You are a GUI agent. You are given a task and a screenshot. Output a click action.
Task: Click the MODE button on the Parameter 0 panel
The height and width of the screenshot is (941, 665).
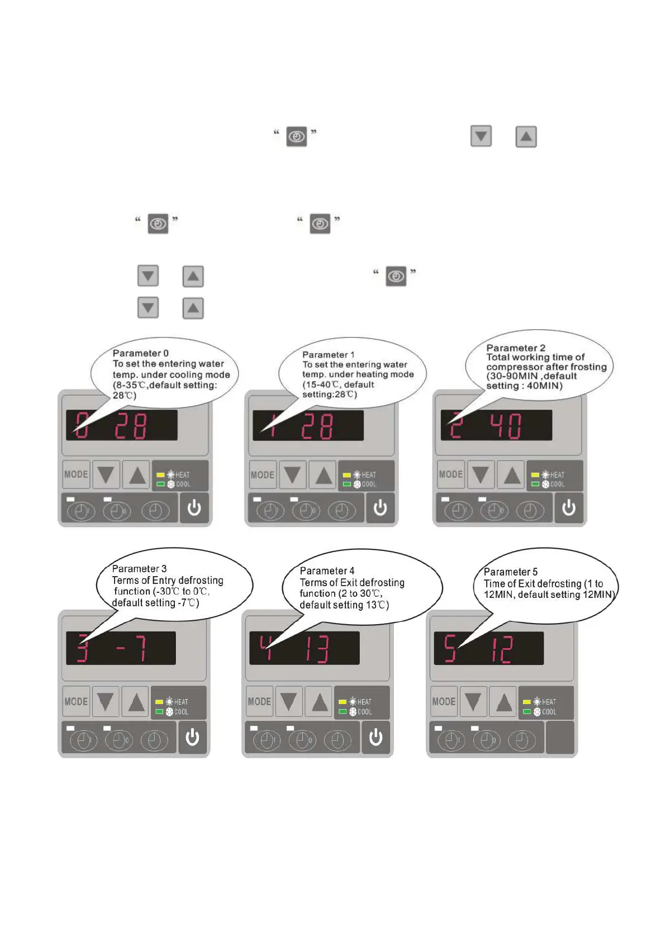click(76, 474)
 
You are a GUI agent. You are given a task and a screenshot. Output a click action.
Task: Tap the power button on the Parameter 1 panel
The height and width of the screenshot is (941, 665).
click(380, 508)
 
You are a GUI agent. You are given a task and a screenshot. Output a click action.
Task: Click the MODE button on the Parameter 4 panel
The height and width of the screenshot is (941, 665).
click(259, 701)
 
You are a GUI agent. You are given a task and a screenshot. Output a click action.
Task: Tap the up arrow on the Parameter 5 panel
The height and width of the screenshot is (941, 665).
click(503, 702)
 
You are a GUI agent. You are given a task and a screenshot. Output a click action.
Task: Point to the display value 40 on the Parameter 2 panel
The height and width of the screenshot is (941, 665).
click(506, 426)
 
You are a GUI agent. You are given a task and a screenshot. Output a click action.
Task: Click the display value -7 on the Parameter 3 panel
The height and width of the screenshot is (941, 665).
click(131, 649)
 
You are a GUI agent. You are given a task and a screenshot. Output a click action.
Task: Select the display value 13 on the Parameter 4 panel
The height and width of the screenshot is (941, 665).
click(316, 649)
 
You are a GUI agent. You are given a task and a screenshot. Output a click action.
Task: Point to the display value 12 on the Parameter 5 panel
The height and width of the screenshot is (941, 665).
click(501, 650)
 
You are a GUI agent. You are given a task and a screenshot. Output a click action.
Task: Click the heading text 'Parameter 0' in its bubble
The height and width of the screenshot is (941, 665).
click(140, 353)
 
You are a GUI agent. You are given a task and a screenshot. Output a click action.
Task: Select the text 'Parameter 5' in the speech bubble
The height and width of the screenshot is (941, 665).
click(510, 572)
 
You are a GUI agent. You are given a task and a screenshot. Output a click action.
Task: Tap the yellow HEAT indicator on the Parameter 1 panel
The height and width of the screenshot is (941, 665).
click(346, 475)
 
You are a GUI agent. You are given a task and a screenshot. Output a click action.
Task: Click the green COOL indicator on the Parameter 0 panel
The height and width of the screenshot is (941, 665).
click(160, 484)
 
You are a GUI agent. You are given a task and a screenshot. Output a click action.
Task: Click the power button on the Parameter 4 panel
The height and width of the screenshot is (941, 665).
click(376, 738)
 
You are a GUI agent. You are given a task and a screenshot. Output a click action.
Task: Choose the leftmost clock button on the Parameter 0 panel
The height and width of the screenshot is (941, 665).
click(82, 511)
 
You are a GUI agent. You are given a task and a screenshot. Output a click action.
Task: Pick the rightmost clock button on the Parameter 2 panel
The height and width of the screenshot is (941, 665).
click(530, 511)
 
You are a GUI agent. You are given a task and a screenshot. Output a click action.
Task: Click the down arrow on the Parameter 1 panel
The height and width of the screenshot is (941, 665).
click(292, 475)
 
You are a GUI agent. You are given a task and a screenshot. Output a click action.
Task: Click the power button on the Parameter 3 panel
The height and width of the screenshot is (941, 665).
click(192, 738)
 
